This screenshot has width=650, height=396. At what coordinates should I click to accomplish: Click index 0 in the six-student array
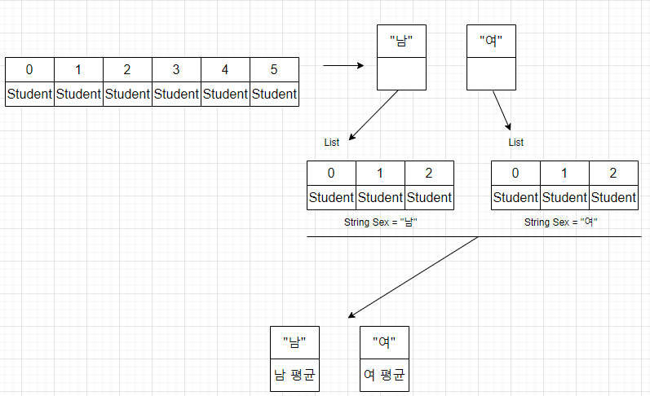(29, 70)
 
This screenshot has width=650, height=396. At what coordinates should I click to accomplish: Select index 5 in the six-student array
(274, 70)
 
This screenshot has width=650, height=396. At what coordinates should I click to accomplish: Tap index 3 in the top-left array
(176, 70)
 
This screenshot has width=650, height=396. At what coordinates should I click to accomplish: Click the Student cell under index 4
(225, 94)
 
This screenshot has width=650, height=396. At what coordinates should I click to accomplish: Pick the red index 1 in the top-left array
(78, 70)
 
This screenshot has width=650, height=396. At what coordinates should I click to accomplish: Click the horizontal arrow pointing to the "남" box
(343, 65)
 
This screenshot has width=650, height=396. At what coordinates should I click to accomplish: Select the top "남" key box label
(402, 42)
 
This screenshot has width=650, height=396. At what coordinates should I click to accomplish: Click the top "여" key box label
(491, 42)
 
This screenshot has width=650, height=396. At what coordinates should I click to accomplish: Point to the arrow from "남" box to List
(374, 113)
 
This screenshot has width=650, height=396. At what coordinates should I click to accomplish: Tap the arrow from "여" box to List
(502, 111)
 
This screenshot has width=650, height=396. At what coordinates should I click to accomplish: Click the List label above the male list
(332, 143)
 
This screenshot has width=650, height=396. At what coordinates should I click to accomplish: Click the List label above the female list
(516, 143)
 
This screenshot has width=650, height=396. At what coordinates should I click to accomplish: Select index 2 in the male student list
(429, 173)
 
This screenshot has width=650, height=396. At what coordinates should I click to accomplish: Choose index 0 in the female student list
(515, 173)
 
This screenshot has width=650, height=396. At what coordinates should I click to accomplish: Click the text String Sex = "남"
(380, 222)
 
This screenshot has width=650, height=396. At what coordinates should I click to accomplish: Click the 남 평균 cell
(294, 376)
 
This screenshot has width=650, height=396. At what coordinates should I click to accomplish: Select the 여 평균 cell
(384, 376)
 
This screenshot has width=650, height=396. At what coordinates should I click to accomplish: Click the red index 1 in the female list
(564, 173)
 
